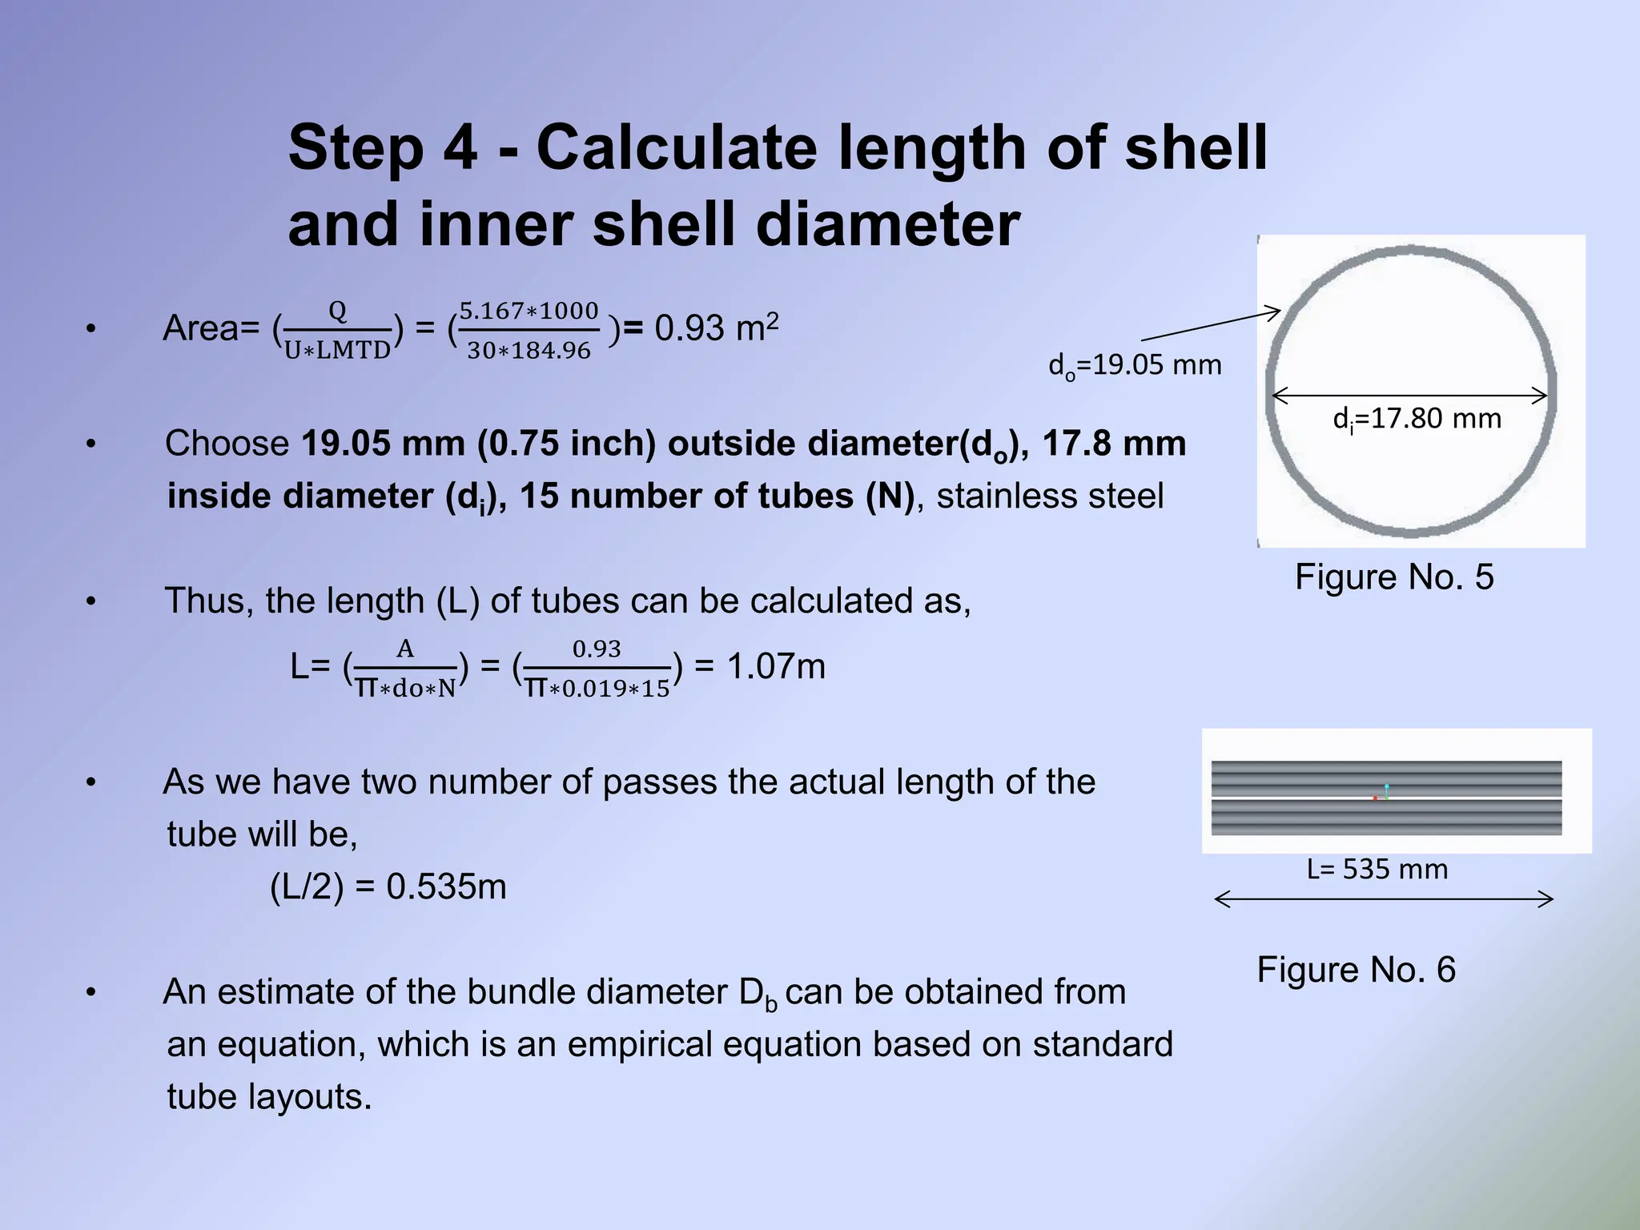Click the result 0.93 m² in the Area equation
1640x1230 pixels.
(716, 328)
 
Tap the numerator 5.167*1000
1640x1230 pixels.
(529, 311)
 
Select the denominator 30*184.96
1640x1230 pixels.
(529, 351)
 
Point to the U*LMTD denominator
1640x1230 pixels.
(337, 351)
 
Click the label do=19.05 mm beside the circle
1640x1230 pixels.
(1135, 366)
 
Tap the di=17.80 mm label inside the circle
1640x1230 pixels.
(1416, 419)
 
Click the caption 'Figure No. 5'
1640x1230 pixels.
(1393, 577)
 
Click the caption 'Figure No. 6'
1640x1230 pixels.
(1356, 970)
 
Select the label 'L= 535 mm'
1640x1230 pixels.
(1377, 870)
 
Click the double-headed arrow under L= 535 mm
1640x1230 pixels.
(1384, 899)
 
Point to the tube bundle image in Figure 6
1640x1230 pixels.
(1386, 798)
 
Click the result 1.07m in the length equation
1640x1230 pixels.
(775, 667)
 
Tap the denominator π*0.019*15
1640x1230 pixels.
(597, 689)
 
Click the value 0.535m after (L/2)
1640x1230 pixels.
(446, 887)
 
